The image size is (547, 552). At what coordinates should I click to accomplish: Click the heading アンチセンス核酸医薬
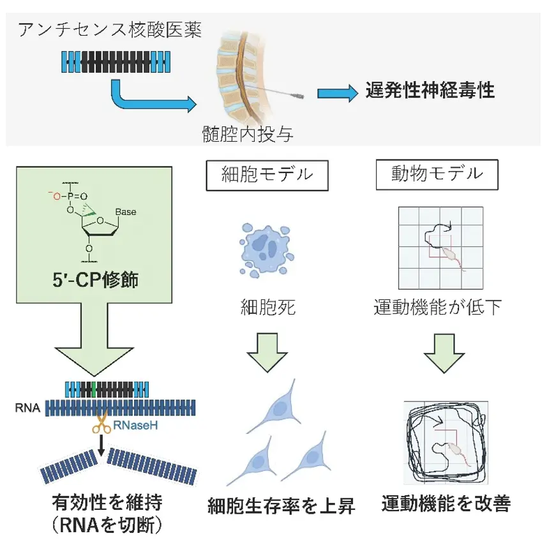(110, 31)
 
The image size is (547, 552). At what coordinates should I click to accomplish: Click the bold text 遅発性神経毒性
(430, 90)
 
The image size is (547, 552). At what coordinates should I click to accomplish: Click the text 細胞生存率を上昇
(281, 507)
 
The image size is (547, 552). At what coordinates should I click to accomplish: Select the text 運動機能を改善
(446, 504)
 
